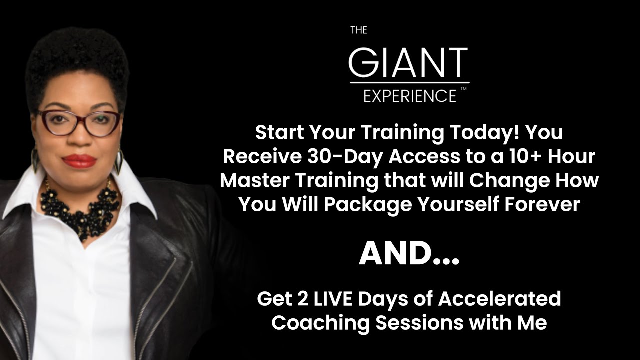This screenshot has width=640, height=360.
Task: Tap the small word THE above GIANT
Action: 358,30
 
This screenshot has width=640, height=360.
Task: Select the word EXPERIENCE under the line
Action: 409,95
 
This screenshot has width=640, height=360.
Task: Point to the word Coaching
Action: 320,322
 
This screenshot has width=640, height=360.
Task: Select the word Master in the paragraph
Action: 252,180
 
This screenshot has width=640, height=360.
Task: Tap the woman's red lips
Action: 79,161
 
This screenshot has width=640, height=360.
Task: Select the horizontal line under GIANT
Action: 409,82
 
